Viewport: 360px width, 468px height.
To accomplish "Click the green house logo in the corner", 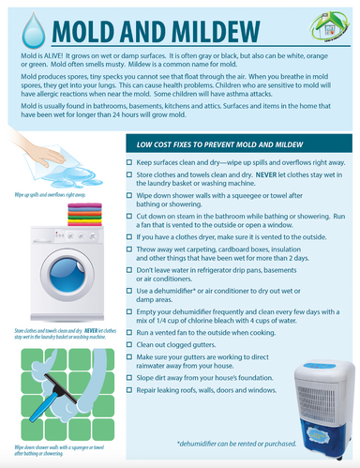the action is pyautogui.click(x=331, y=22).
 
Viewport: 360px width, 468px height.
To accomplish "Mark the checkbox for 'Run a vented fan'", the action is pyautogui.click(x=128, y=333).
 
